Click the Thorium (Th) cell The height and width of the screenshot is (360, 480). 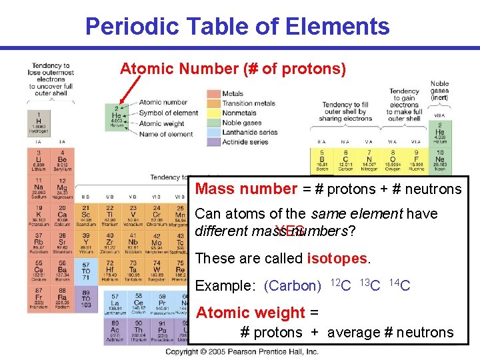(138, 331)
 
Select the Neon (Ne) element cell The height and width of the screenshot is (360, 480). (440, 161)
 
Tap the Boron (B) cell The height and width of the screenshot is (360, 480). (322, 161)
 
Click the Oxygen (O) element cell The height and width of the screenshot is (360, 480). (393, 161)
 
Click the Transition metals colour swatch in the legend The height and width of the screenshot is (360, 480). (213, 103)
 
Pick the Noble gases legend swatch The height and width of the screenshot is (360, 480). (213, 123)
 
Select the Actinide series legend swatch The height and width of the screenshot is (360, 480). (213, 142)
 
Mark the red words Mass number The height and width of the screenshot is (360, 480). (245, 189)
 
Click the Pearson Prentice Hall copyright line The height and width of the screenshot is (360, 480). (241, 351)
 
